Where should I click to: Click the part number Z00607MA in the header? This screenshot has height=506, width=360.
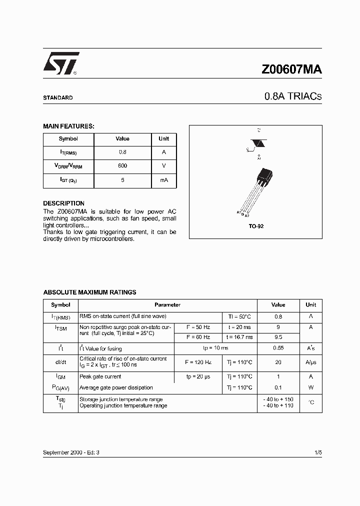tap(292, 69)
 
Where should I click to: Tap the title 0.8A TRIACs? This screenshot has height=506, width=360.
tap(293, 97)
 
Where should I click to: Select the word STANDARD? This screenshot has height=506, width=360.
tap(58, 98)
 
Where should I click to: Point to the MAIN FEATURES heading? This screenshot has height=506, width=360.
tap(68, 126)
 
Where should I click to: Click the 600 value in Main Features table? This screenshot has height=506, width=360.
tap(122, 165)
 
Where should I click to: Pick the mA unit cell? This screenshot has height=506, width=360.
tap(164, 179)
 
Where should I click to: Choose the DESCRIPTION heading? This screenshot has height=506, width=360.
tap(63, 203)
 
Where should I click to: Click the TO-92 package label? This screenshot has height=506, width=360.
tap(256, 226)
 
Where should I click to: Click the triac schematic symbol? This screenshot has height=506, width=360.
tap(259, 143)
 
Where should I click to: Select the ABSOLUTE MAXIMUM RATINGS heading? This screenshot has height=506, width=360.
tap(89, 292)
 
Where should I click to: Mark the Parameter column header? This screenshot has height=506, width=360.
tap(167, 305)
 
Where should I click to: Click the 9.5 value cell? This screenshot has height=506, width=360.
tap(278, 337)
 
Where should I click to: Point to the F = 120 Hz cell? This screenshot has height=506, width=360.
tap(197, 362)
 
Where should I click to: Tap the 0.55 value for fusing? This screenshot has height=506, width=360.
tap(278, 348)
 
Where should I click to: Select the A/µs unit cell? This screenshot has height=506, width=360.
tap(311, 362)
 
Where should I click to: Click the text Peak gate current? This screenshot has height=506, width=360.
tap(100, 377)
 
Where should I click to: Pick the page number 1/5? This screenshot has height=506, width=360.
tap(318, 452)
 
